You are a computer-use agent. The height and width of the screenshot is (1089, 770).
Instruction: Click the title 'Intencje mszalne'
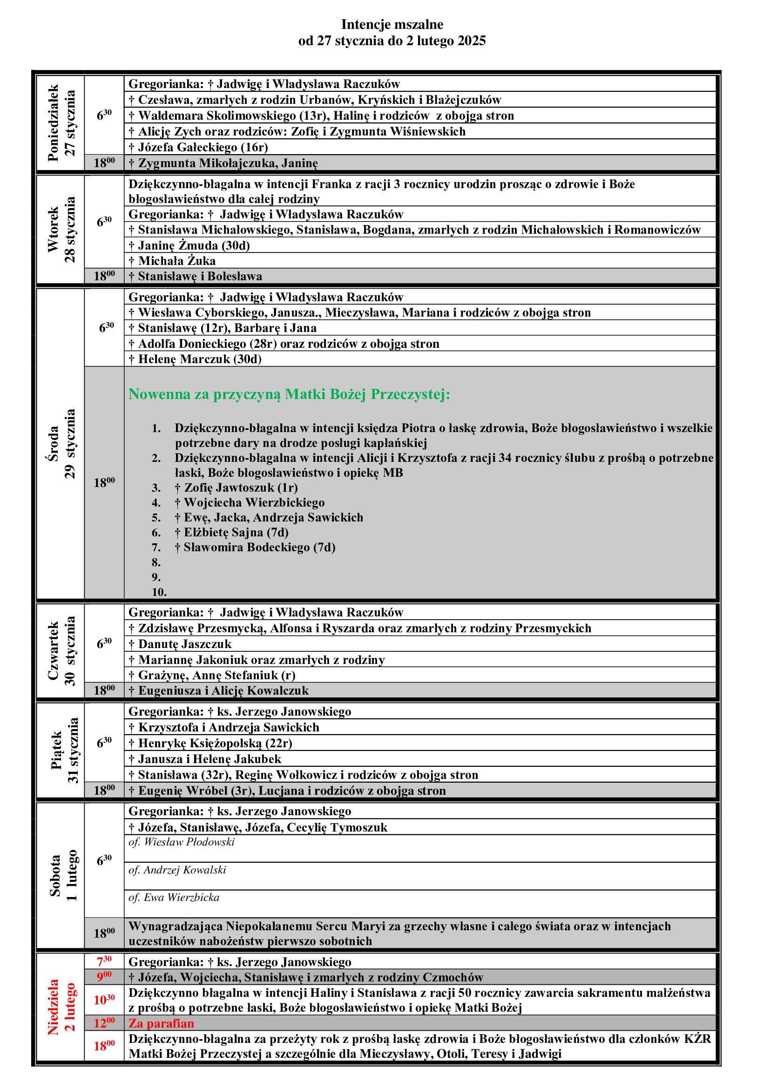coord(392,25)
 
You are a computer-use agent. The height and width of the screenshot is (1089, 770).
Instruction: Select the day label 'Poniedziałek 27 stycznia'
coord(61,123)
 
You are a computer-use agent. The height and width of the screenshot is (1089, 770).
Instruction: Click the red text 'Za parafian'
coord(161,1023)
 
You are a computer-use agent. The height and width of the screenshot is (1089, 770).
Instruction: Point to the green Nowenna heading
coord(289,394)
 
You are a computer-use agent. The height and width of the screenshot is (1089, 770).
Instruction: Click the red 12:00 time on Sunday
coord(104,1023)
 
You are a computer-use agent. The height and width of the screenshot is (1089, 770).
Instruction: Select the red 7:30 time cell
coord(104,962)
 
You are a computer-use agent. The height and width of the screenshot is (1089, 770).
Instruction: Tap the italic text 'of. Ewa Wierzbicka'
coord(174,897)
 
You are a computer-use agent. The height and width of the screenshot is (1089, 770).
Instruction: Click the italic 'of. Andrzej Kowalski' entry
coord(177,870)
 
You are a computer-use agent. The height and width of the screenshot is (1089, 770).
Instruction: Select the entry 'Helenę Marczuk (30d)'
coord(195,359)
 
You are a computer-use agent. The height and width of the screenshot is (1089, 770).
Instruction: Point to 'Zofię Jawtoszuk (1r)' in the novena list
coord(236,487)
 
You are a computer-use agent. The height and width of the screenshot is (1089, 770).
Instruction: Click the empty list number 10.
coord(159,592)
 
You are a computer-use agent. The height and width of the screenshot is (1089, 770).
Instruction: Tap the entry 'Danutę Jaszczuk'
coord(180,644)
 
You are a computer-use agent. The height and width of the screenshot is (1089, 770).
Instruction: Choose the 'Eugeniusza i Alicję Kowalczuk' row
coord(219,690)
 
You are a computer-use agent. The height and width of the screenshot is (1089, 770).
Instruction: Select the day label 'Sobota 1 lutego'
coord(61,877)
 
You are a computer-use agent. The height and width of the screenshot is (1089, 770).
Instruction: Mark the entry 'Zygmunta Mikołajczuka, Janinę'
coord(223,163)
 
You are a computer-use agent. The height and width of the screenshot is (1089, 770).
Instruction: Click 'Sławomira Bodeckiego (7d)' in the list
coord(255,548)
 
